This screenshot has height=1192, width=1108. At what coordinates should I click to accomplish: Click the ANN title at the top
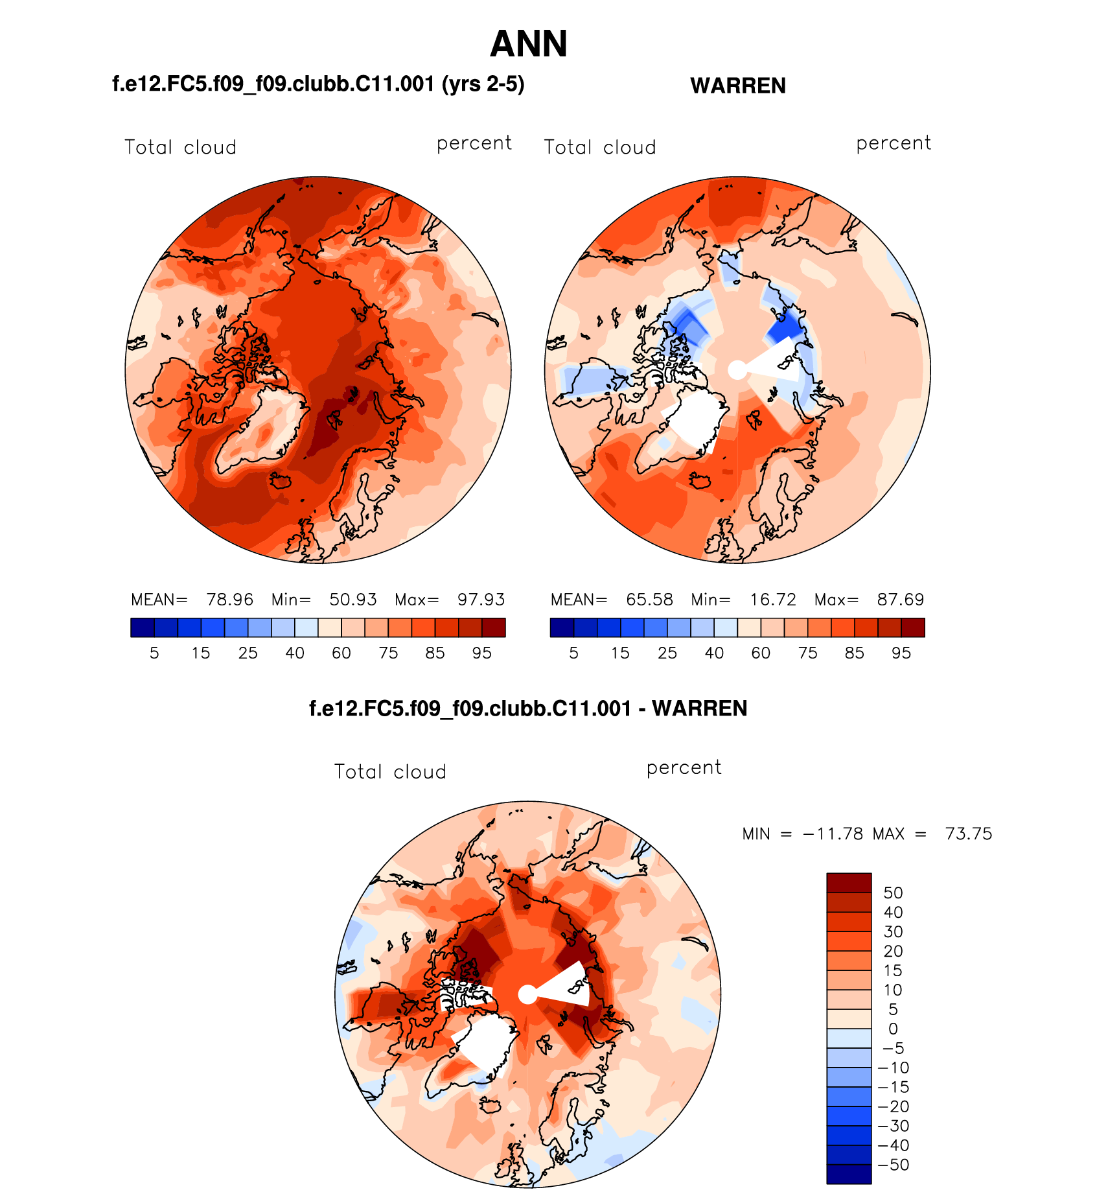[x=529, y=44]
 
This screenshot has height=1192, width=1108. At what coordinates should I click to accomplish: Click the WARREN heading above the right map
[x=738, y=86]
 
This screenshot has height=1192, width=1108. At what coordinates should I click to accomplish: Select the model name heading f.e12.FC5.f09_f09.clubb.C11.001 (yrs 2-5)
[x=318, y=84]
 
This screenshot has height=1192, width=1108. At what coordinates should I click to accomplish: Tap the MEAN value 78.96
[x=229, y=600]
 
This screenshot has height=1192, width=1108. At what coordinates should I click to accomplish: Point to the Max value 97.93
[x=481, y=600]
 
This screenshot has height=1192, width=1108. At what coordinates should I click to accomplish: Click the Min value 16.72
[x=772, y=600]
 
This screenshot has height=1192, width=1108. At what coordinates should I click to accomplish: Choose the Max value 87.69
[x=900, y=600]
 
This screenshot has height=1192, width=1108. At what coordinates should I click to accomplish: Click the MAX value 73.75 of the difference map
[x=968, y=834]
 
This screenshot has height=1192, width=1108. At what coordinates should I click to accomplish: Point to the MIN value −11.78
[x=833, y=834]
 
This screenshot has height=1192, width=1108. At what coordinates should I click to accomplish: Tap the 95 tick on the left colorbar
[x=481, y=653]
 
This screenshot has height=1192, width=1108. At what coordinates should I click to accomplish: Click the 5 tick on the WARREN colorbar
[x=573, y=653]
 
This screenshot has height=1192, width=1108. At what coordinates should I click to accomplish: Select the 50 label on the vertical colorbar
[x=893, y=893]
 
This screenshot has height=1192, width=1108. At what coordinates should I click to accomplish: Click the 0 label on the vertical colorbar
[x=893, y=1029]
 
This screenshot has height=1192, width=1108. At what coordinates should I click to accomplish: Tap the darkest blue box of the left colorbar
[x=143, y=627]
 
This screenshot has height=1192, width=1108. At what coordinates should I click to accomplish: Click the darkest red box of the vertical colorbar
[x=849, y=883]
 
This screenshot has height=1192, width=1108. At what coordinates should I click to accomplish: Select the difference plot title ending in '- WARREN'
[x=528, y=708]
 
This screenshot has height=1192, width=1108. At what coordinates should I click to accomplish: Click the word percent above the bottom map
[x=684, y=768]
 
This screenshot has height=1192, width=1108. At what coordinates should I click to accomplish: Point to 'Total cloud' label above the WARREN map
[x=600, y=148]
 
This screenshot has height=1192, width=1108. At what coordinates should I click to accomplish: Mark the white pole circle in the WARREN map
[x=737, y=370]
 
